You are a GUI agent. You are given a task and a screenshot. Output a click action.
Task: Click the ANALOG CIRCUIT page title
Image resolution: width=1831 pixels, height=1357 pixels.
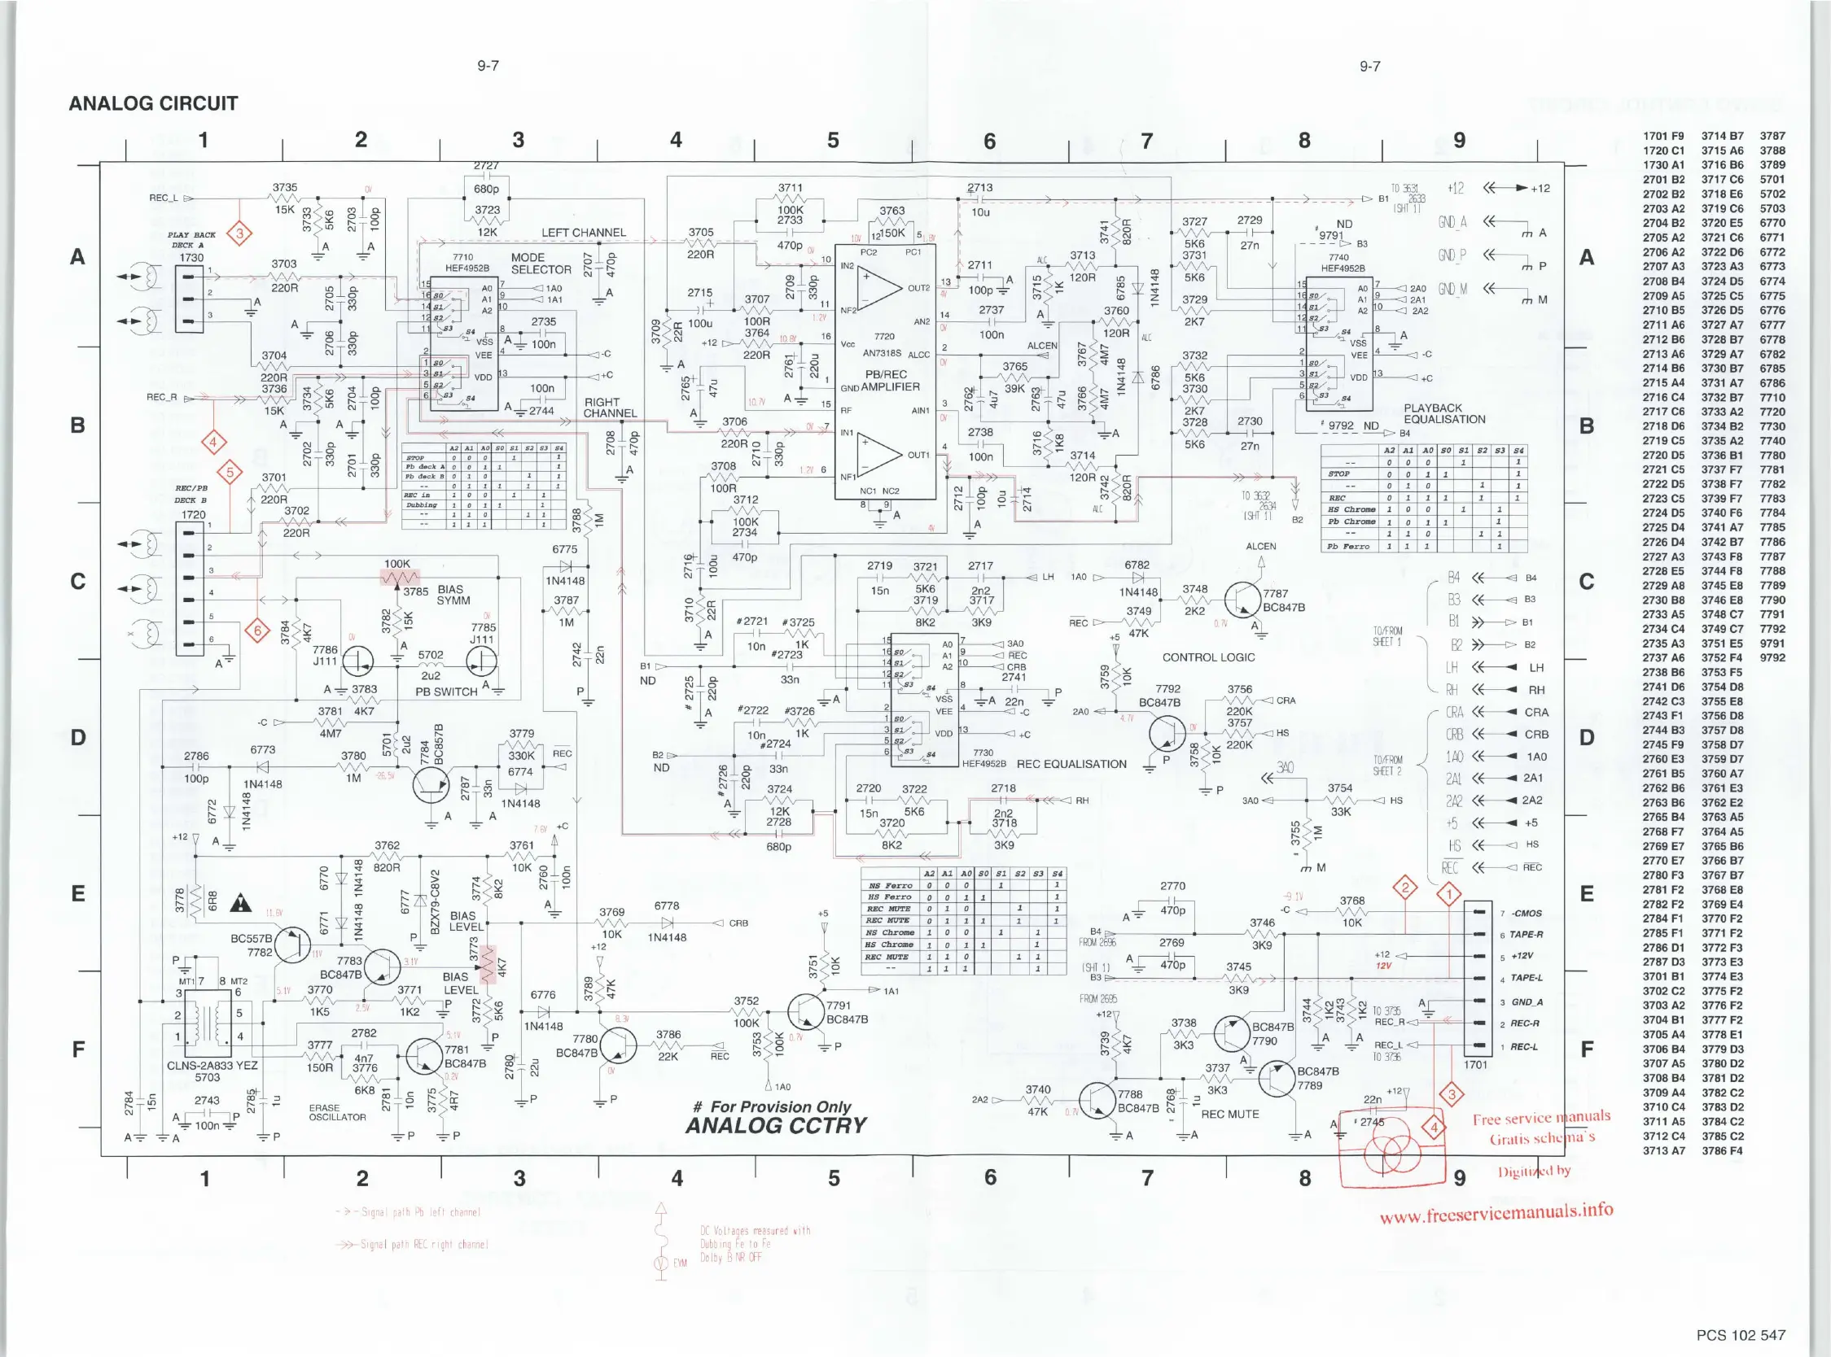click(153, 103)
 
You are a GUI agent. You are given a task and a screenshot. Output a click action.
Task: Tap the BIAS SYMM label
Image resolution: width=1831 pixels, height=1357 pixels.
click(453, 595)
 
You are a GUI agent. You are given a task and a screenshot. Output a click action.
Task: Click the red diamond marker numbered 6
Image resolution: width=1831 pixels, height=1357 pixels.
click(257, 631)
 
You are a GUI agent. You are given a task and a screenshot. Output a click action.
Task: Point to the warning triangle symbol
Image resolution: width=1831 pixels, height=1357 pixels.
click(241, 904)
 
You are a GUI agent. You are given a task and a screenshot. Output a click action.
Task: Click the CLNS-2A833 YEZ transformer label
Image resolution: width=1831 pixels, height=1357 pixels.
click(212, 1066)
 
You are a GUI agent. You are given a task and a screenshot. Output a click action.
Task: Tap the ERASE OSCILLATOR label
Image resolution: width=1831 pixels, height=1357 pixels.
click(337, 1112)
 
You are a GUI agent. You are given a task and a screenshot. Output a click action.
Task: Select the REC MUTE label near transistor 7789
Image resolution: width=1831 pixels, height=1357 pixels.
click(1229, 1114)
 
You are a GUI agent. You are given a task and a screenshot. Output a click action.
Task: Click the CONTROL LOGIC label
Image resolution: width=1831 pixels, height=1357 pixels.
click(1208, 657)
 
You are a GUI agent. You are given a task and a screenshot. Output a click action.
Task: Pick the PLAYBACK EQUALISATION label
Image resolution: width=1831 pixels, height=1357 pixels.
click(1444, 413)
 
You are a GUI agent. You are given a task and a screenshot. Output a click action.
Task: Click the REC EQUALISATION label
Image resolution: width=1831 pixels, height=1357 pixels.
click(1071, 764)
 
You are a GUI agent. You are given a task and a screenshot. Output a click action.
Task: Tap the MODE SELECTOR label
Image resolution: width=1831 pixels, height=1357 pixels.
click(540, 263)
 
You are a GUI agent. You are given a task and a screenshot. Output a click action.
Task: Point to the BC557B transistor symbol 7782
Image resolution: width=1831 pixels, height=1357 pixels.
click(291, 945)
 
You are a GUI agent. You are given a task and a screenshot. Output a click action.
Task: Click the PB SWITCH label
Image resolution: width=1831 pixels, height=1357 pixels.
click(445, 692)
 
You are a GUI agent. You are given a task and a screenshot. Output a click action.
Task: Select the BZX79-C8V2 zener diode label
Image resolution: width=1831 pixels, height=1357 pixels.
click(436, 901)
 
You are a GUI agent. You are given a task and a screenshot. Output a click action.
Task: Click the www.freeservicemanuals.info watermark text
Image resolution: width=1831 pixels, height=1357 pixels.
click(1496, 1212)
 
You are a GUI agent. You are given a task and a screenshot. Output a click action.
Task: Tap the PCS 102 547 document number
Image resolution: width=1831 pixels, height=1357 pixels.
click(1740, 1335)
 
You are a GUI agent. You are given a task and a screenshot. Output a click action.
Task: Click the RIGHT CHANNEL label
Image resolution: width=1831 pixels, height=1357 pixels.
click(609, 408)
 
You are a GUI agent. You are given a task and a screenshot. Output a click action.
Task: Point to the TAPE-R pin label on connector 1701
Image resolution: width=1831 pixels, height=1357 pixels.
click(1527, 935)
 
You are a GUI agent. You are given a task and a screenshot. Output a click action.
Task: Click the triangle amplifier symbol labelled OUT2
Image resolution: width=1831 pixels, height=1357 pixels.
click(881, 288)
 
